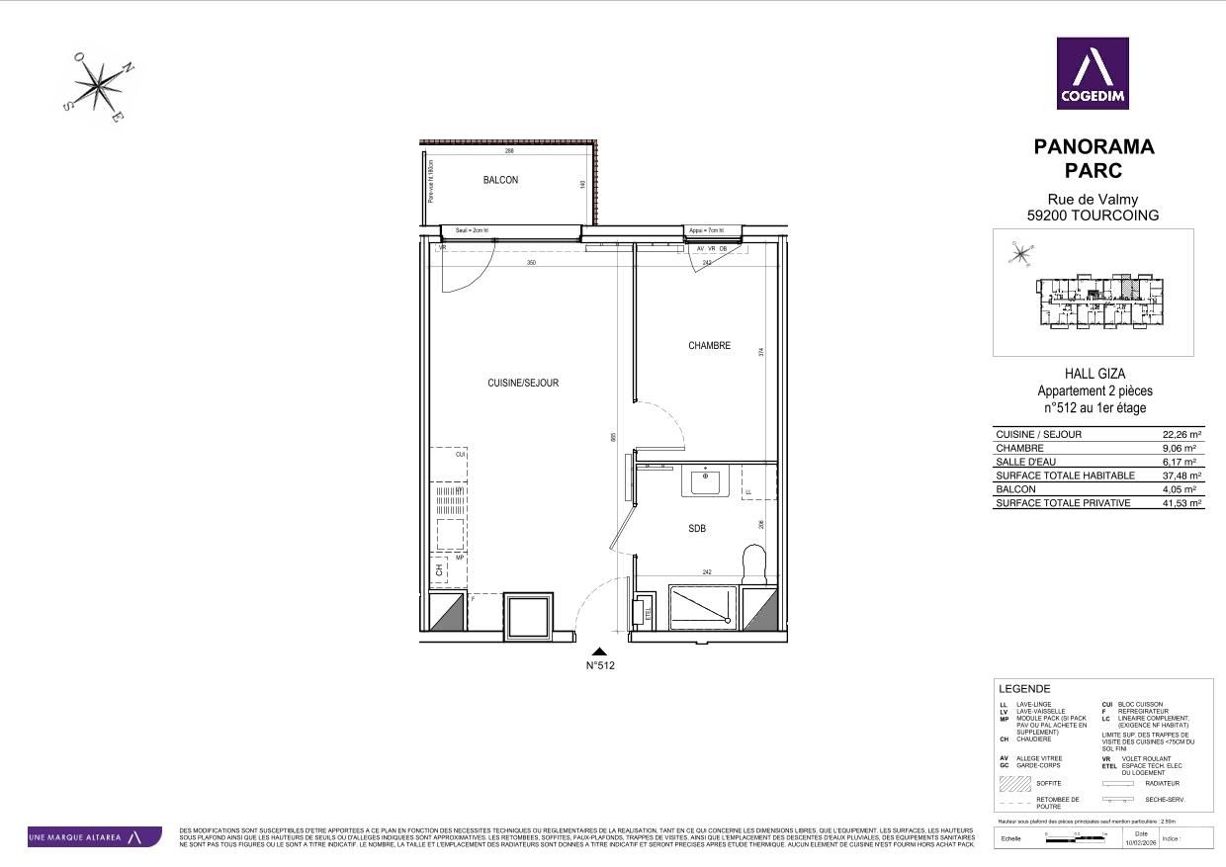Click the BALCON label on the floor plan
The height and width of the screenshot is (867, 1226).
pos(500,180)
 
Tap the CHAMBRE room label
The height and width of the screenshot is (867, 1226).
pos(709,346)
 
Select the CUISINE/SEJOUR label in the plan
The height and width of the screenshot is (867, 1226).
pos(523,383)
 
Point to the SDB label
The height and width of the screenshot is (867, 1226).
pos(697,529)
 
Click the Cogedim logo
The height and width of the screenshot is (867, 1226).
pos(1093,73)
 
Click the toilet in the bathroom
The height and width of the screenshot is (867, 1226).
pos(755,564)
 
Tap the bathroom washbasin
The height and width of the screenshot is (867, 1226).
pos(706,481)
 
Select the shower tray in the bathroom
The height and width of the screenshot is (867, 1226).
pos(703,605)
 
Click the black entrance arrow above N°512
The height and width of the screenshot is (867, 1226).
pos(600,650)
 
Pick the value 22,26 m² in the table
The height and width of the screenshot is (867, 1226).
pos(1182,434)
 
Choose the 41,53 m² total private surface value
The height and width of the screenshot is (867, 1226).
pos(1182,503)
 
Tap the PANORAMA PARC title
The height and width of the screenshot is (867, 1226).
pos(1094,158)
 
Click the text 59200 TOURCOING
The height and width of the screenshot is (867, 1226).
pos(1094,216)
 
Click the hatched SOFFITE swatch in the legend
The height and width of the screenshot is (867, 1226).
pos(1014,784)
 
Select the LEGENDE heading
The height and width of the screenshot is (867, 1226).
pos(1024,689)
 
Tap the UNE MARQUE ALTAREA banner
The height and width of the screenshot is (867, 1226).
pos(95,837)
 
